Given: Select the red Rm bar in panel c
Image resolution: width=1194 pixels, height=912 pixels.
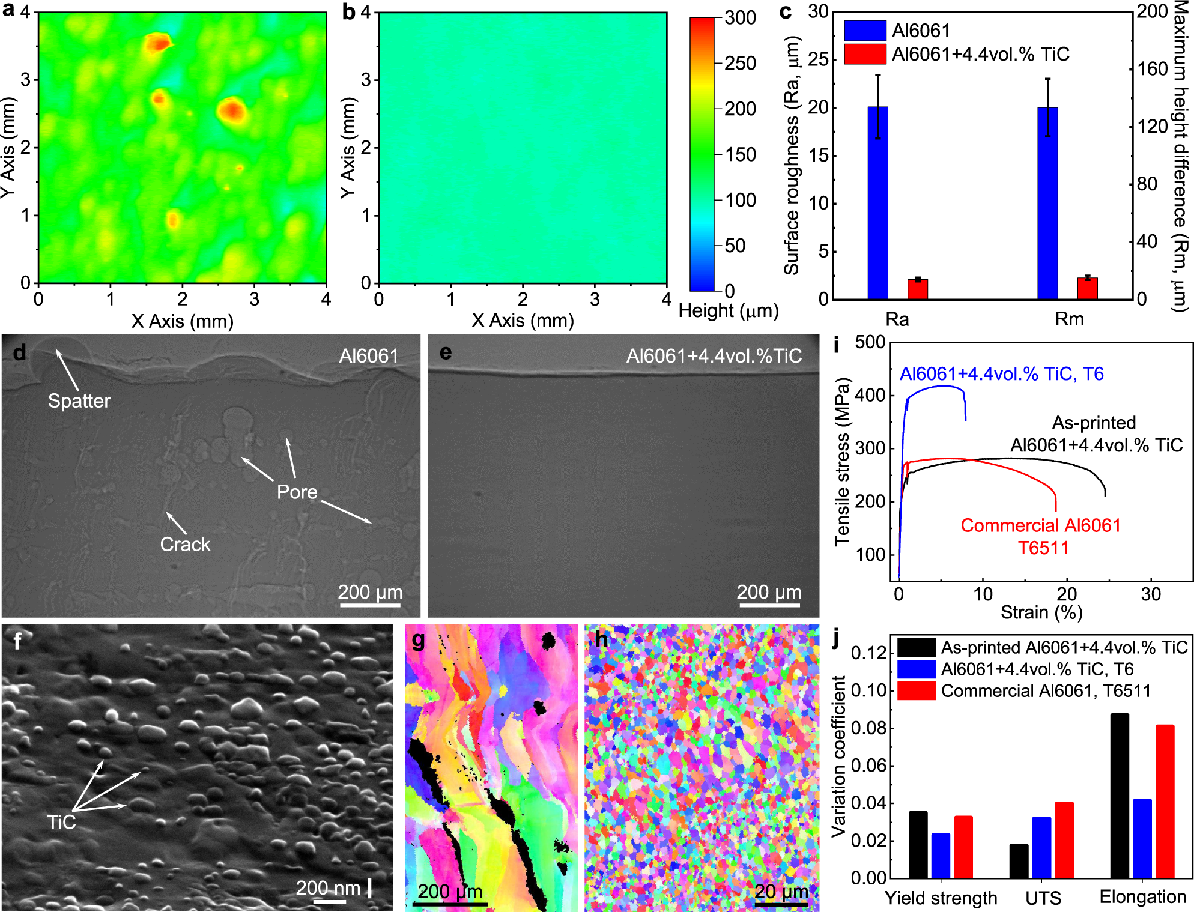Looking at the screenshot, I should point(1087,289).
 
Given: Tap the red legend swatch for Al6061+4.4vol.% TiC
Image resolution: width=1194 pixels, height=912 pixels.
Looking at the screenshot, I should point(865,54).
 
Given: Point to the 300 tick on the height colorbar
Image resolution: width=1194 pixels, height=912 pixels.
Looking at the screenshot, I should point(740,18).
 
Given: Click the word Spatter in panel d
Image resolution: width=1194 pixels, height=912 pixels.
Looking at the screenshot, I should point(79,400).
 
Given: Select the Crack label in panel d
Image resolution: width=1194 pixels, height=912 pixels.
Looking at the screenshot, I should point(185,544).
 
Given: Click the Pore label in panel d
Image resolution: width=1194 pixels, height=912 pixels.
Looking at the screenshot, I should point(297,492).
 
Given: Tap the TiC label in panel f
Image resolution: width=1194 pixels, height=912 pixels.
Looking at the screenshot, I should point(61,822).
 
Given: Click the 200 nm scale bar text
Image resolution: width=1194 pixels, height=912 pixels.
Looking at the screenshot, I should point(328,887).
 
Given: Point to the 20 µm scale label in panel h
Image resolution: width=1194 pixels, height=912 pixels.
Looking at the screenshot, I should point(781,891).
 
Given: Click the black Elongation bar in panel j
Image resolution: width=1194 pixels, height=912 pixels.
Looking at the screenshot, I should point(1120,796).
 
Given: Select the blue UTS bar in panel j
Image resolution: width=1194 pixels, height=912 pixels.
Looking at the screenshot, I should point(1041,847).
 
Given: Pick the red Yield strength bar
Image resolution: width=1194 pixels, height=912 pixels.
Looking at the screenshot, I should point(963,847).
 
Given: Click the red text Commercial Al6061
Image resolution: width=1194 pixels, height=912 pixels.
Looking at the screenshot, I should point(1040,525).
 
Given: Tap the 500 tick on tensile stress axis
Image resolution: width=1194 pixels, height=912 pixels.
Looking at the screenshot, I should point(870,342).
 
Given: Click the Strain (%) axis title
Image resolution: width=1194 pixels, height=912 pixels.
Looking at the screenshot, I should point(1041,612).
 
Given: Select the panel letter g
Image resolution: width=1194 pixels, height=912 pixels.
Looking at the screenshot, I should point(418,641).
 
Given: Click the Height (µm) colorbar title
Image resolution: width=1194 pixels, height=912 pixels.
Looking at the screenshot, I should point(728,311).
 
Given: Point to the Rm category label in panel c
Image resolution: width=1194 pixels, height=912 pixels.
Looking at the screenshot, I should point(1069,319).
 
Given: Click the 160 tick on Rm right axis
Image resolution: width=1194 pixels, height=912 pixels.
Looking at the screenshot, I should point(1152,69).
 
